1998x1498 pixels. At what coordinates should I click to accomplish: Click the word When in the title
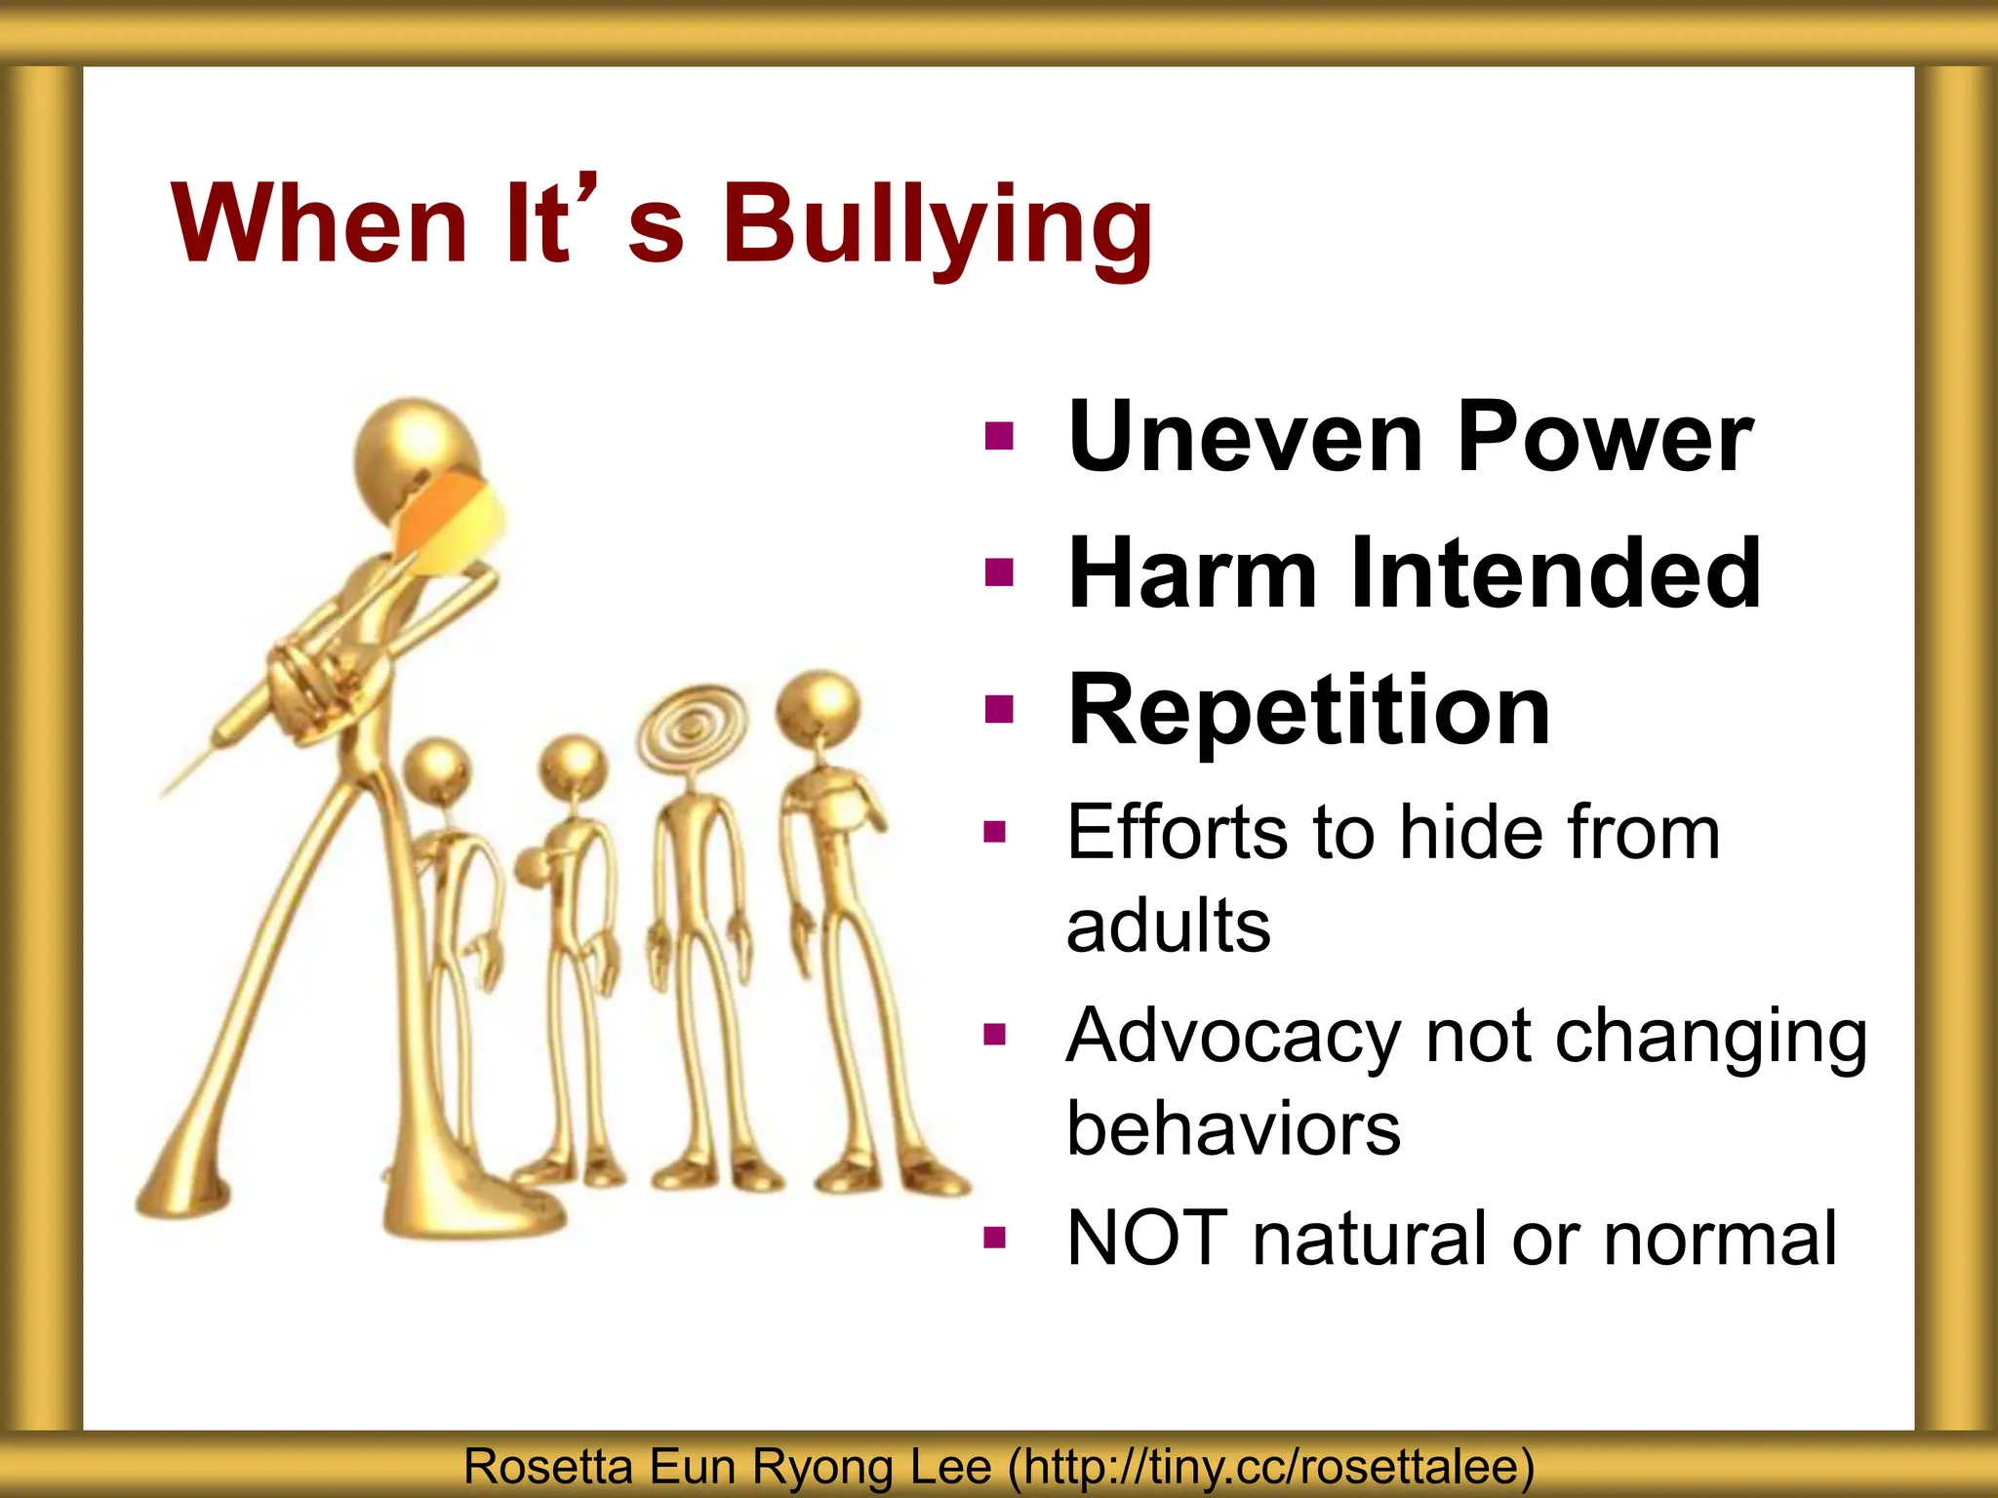pos(319,224)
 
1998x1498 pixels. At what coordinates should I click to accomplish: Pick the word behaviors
pos(1233,1128)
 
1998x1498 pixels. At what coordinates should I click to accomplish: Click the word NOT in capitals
pos(1147,1239)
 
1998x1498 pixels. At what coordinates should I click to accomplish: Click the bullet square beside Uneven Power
pos(999,435)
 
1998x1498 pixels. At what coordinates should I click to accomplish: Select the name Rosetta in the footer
pos(547,1467)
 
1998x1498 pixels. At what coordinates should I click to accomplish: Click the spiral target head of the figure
pos(692,727)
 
